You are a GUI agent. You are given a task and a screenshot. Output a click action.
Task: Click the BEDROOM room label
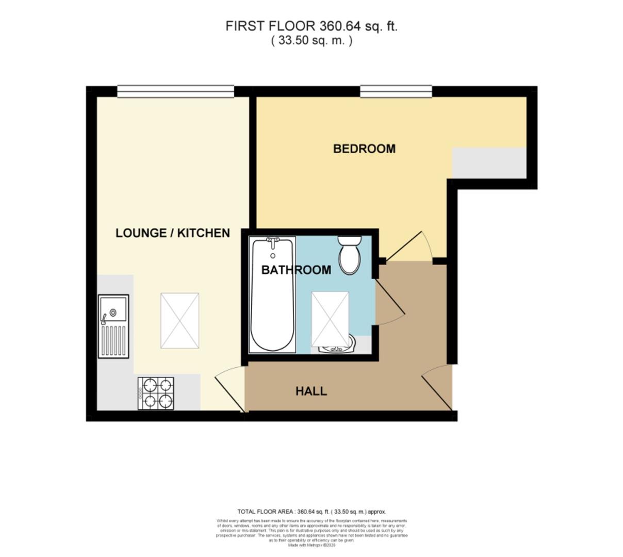364,149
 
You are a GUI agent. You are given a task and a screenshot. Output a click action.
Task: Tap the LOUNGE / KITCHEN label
172,233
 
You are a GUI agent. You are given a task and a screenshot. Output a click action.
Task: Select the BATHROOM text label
296,270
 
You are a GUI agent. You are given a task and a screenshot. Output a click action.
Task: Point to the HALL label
311,391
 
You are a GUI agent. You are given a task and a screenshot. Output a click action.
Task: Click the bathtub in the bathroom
272,295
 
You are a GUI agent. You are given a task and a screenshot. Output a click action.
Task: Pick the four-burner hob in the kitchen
156,393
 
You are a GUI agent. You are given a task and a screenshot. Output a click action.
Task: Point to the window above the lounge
175,92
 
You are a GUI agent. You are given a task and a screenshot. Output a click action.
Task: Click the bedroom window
396,92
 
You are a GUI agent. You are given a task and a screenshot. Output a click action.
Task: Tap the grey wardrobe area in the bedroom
489,163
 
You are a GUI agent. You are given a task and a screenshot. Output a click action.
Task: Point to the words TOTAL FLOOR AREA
266,512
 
